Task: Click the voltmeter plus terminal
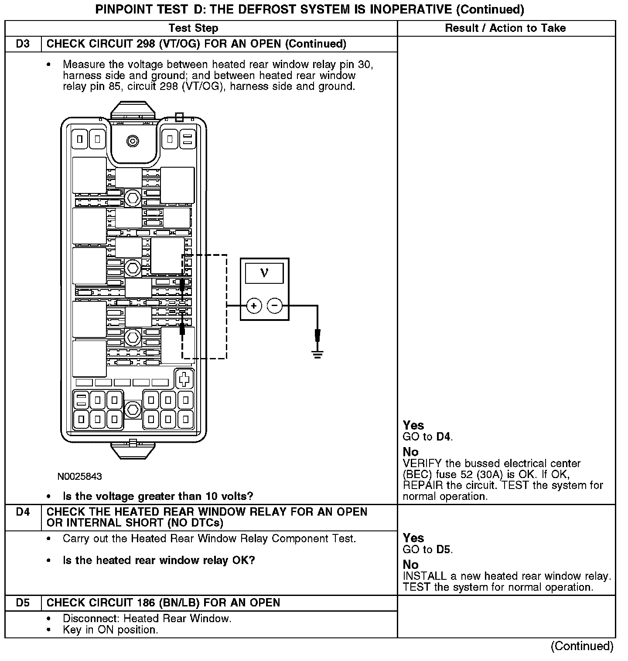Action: tap(254, 306)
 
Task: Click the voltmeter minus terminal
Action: tap(275, 306)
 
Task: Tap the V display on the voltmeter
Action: tap(264, 273)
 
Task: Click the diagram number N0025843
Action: tap(79, 476)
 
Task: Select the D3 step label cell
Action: tap(23, 44)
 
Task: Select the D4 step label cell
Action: tap(23, 512)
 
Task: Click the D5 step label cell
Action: tap(23, 603)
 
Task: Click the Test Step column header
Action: tap(193, 28)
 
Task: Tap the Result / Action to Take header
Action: tap(505, 28)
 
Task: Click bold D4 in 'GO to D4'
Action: tap(444, 437)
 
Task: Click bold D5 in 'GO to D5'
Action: tap(444, 549)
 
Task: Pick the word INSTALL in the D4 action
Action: tap(424, 576)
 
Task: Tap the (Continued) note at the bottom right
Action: tap(582, 646)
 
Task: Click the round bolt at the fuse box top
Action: tap(132, 141)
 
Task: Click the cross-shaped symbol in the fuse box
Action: tap(184, 379)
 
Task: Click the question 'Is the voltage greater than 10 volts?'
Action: tap(158, 496)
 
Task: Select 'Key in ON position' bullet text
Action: tap(110, 630)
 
